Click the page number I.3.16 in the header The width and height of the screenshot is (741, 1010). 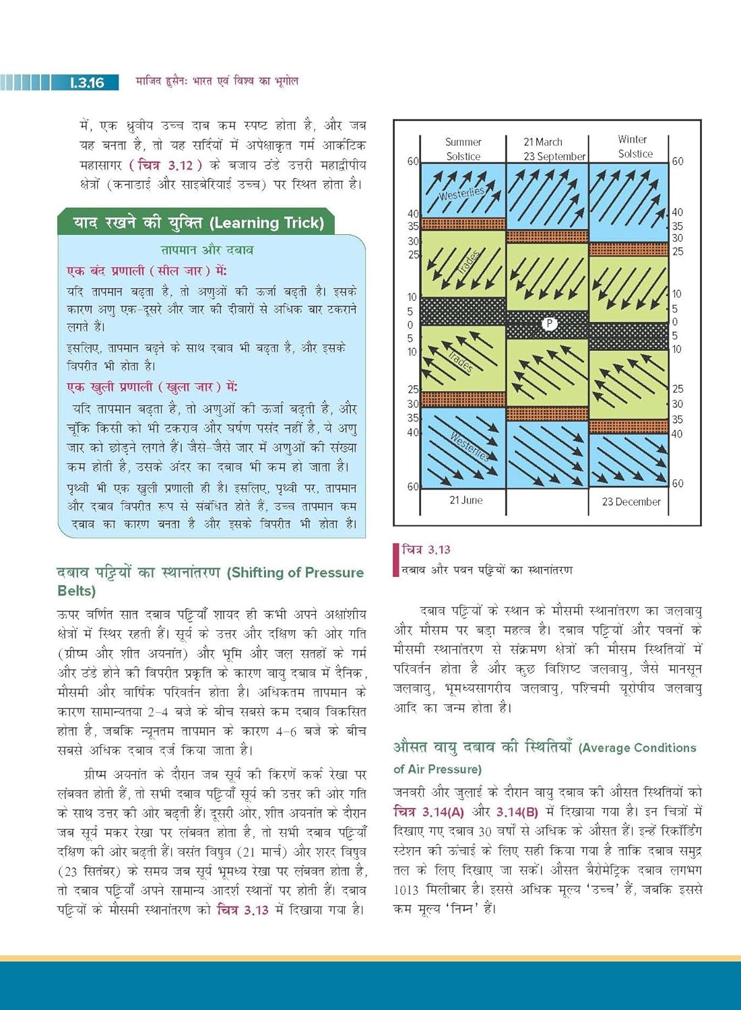87,83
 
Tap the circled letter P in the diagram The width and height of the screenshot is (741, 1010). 549,324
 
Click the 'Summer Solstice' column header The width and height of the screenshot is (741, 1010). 463,149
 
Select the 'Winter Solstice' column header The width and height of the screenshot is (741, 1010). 635,146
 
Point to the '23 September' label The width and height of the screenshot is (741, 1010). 555,156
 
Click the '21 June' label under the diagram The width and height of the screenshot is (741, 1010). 465,500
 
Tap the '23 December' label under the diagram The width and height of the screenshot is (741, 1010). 631,502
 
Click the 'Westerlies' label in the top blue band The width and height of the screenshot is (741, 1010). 461,193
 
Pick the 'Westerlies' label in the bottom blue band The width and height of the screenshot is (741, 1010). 469,445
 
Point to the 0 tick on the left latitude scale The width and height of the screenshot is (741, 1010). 410,325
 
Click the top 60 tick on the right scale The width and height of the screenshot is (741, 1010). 678,162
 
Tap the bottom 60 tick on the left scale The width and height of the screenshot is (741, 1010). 412,486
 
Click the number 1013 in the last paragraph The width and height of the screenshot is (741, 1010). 406,889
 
